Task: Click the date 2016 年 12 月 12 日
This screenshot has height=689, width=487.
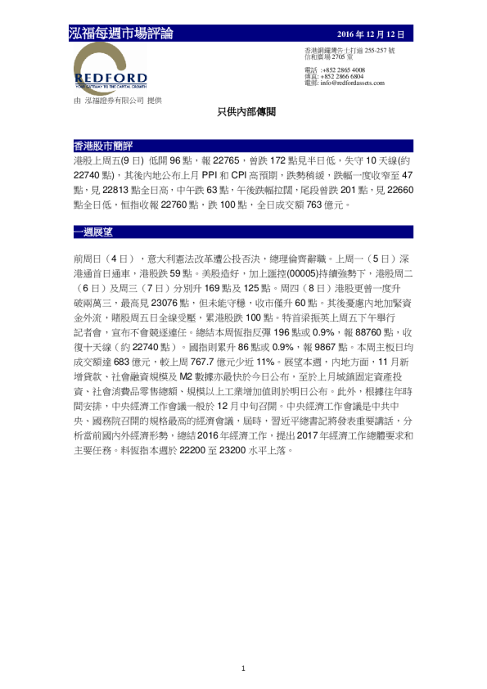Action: point(372,34)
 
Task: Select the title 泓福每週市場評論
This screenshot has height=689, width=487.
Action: point(121,34)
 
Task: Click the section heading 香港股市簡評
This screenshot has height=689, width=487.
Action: point(103,146)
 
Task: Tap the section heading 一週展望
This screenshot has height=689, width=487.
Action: point(93,232)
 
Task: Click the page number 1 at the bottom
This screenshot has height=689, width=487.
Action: point(243,669)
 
